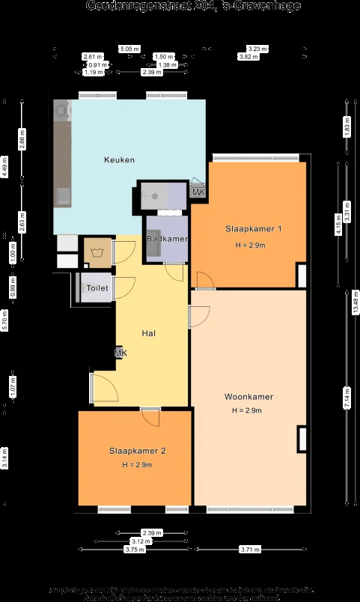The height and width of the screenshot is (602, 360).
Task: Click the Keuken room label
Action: [119, 159]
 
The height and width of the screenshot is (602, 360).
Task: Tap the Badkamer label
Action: [167, 238]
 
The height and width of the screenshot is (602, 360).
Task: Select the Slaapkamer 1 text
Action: [254, 228]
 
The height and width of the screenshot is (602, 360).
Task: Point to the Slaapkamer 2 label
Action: [137, 451]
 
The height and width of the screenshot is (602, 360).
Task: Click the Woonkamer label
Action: [248, 397]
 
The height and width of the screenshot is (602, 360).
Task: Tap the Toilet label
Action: [97, 288]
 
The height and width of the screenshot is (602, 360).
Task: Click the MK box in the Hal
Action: [120, 353]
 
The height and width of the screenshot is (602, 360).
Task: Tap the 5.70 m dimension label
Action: [4, 322]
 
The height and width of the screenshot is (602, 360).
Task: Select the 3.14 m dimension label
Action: [4, 458]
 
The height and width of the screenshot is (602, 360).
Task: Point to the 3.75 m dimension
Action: [135, 550]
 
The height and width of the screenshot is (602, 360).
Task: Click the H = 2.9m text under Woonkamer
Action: [247, 410]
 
